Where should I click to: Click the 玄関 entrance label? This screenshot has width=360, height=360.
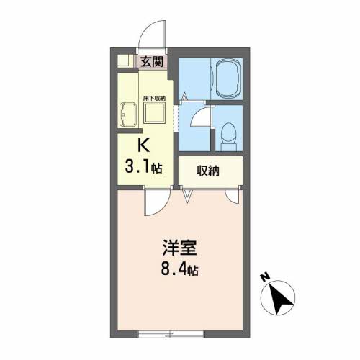coord(152,62)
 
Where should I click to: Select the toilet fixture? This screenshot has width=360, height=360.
coord(228,137)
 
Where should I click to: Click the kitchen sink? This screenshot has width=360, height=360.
coord(127,115)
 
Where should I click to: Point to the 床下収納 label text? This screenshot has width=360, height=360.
coord(154,98)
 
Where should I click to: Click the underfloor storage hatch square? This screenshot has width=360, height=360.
coord(155,113)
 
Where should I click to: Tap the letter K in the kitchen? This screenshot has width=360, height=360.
coord(143,145)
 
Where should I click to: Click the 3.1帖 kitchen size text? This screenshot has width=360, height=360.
coord(143,167)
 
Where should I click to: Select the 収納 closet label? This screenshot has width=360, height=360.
coord(208,171)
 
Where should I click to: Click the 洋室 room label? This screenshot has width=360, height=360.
coord(180,248)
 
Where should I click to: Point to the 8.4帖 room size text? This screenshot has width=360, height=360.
coord(180,270)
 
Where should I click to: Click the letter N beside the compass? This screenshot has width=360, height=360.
coord(265,277)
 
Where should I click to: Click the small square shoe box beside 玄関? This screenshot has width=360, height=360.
coord(123,61)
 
